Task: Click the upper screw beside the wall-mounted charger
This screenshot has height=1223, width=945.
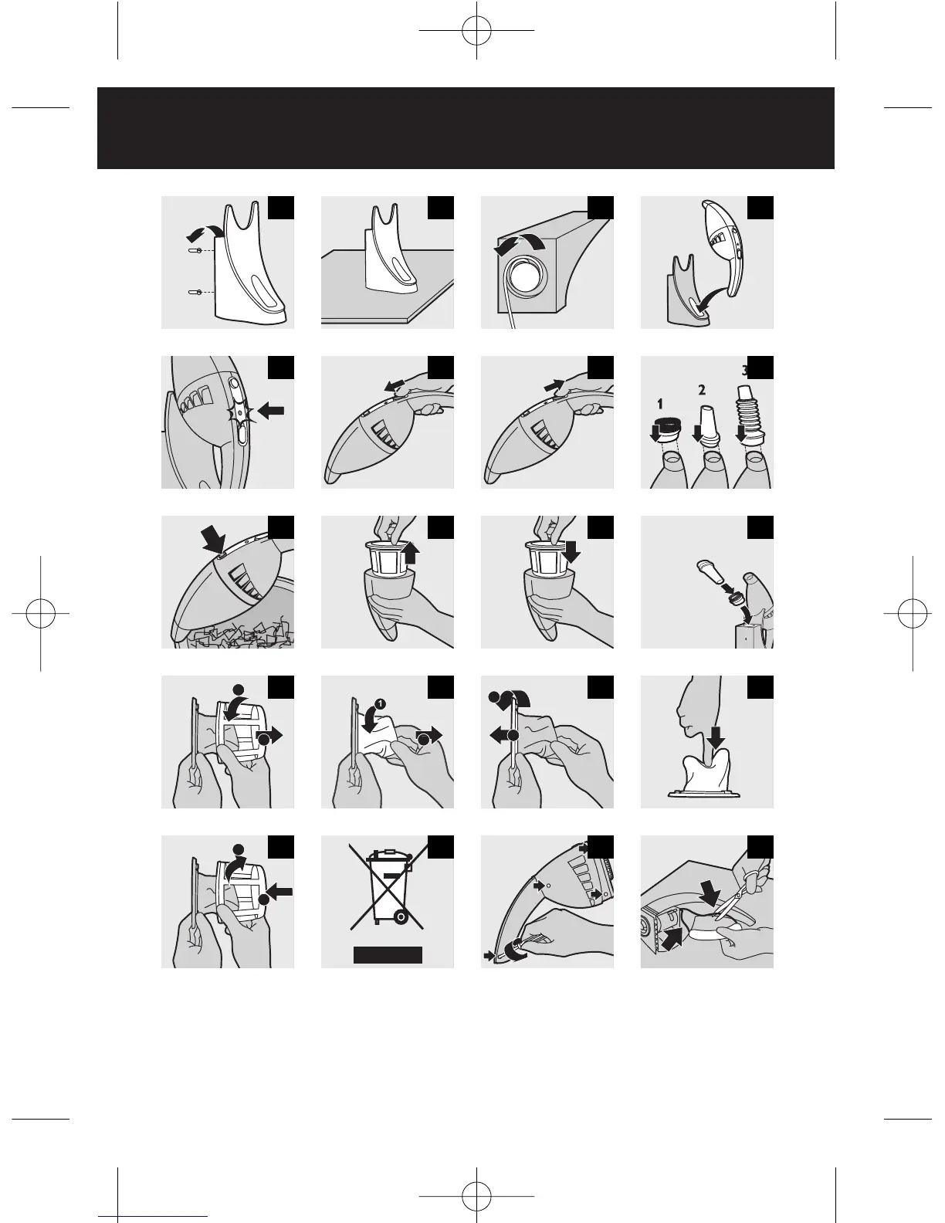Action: (195, 250)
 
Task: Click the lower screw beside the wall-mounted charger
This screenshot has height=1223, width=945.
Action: (195, 292)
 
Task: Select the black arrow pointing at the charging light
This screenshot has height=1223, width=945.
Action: (271, 412)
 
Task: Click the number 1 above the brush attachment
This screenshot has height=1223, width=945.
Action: (660, 404)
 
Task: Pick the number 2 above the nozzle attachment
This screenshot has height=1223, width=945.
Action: (701, 389)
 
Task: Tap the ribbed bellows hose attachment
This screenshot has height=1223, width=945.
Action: (749, 416)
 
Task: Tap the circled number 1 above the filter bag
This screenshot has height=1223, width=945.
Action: (380, 703)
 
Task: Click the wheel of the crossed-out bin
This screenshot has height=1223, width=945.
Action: (400, 917)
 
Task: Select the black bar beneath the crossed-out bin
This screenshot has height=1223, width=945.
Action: (388, 955)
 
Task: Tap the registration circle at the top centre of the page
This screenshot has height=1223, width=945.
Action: (476, 30)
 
